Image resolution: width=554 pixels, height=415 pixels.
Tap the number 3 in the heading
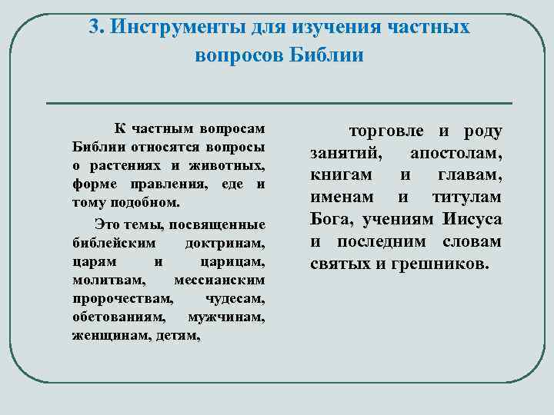pyautogui.click(x=93, y=28)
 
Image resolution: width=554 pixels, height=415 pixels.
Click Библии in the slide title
pyautogui.click(x=326, y=55)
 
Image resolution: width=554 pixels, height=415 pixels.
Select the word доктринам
pyautogui.click(x=225, y=243)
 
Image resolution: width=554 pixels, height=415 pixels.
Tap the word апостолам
pyautogui.click(x=457, y=153)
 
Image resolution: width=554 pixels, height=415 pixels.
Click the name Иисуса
pyautogui.click(x=472, y=219)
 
